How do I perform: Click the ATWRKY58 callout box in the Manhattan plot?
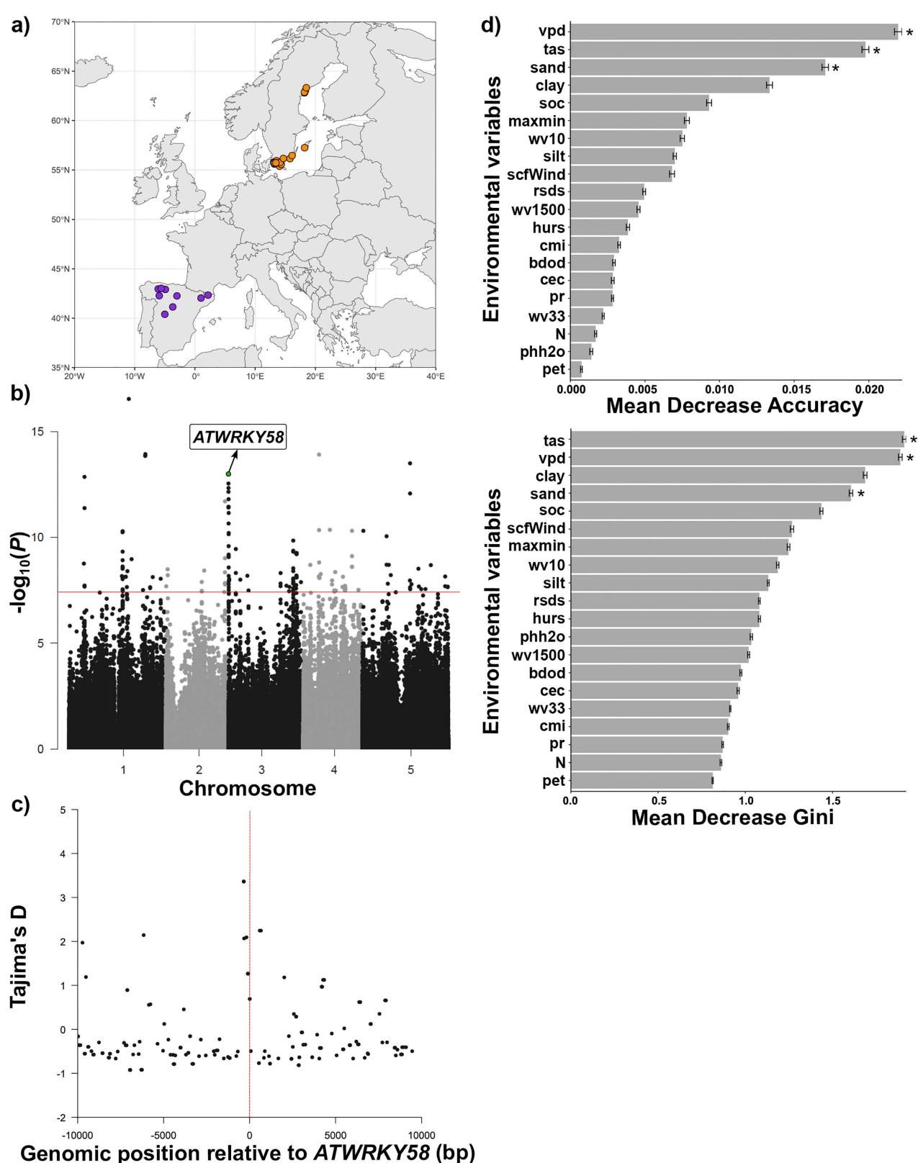238,437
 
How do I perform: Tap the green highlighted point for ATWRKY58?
228,474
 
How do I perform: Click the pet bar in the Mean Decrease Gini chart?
642,781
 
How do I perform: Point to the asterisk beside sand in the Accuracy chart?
836,68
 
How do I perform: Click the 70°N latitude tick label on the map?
61,22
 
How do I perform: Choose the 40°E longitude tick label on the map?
435,376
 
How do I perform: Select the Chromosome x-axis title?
247,788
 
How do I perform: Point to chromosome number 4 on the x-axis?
334,770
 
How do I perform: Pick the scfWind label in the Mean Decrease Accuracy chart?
536,174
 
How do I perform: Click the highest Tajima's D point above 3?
244,881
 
